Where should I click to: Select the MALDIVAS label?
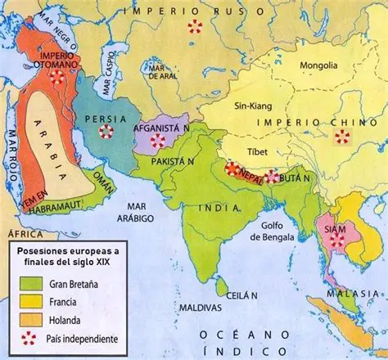click(x=194, y=308)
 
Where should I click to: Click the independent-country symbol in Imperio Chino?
click(x=342, y=137)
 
